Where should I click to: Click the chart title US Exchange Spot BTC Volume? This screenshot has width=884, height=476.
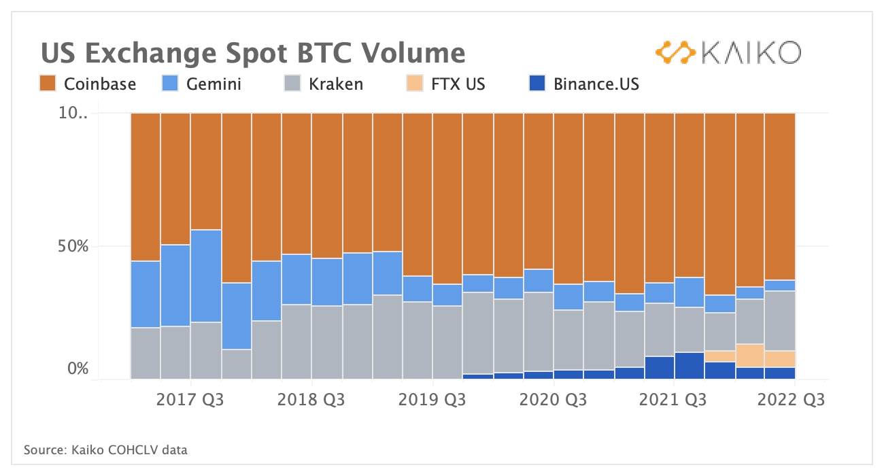coord(253,52)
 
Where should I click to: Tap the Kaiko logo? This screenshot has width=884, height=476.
coord(728,52)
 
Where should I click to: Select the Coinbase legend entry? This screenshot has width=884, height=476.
coord(88,84)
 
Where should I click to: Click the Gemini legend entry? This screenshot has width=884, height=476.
coord(201,84)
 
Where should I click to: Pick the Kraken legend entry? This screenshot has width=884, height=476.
coord(323,84)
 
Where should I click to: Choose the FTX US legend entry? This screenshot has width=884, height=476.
coord(446,84)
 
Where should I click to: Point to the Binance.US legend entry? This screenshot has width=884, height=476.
coord(584,84)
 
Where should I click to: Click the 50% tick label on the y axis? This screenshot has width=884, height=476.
coord(72,245)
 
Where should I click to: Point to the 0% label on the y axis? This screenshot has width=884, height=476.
coord(78,369)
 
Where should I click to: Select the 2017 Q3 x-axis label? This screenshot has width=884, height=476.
coord(190,400)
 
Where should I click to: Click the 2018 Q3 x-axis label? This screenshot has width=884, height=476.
coord(311,400)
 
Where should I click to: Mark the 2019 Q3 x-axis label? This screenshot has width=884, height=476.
coord(432,400)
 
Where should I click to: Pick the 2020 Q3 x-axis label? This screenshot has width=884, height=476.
coord(553,400)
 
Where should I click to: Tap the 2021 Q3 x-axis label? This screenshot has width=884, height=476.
coord(673,400)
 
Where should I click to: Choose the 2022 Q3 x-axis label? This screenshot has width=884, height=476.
coord(792,400)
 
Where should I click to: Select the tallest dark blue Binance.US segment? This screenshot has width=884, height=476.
coord(689,365)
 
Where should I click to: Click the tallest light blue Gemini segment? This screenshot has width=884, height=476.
coord(205,276)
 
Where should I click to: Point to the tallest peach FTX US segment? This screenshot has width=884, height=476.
coord(749,356)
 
